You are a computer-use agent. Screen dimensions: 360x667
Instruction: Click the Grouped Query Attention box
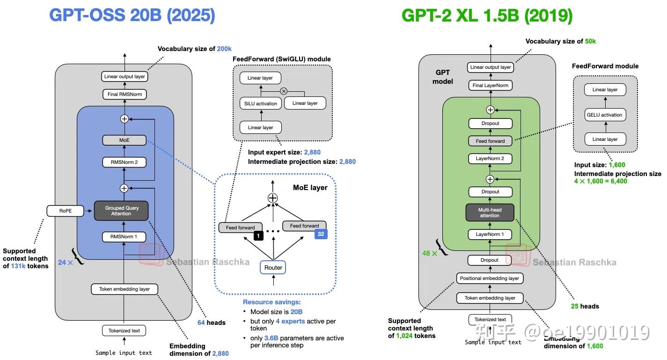[121, 211]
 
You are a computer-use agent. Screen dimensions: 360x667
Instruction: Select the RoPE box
[65, 211]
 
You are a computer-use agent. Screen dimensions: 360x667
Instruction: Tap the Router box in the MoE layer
[273, 267]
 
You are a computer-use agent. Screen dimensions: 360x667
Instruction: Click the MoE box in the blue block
[124, 140]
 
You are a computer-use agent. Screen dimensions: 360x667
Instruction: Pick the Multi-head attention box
[490, 213]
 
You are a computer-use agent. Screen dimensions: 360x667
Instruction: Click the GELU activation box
[605, 115]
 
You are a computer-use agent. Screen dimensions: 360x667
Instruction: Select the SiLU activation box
[261, 103]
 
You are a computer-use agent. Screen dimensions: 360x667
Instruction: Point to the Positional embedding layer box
[489, 278]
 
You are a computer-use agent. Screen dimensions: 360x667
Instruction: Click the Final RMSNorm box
[124, 95]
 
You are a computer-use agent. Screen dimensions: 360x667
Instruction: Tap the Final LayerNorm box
[490, 85]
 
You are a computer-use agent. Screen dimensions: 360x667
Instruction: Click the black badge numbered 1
[258, 236]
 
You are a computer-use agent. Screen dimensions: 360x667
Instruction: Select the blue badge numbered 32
[321, 234]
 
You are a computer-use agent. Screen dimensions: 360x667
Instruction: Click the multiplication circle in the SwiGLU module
[283, 91]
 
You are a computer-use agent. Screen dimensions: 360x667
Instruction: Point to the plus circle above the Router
[272, 198]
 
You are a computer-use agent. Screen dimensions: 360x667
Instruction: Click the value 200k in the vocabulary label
[224, 49]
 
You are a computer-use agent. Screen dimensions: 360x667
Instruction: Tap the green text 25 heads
[585, 306]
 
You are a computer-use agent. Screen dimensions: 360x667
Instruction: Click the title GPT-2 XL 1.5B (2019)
[487, 15]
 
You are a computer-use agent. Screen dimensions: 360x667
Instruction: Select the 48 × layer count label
[430, 253]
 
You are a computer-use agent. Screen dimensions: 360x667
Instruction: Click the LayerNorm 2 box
[490, 159]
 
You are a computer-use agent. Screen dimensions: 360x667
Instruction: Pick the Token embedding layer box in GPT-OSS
[124, 289]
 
